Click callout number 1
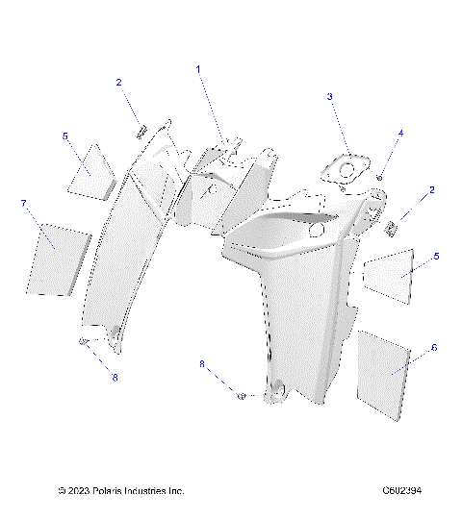click(199, 69)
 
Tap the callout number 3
click(329, 96)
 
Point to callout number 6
click(433, 347)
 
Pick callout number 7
click(23, 204)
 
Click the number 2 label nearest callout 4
click(432, 189)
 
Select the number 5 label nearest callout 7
click(65, 136)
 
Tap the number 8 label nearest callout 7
click(115, 377)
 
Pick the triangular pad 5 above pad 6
click(392, 271)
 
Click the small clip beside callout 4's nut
click(394, 228)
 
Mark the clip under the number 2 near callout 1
click(141, 129)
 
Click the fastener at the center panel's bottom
click(242, 394)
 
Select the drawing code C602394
click(401, 491)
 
